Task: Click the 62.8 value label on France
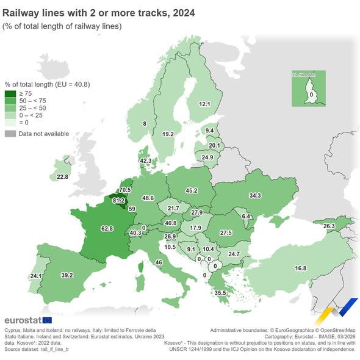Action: point(108,228)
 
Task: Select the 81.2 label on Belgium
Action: point(119,200)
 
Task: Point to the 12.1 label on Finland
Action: point(204,104)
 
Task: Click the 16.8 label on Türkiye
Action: point(300,268)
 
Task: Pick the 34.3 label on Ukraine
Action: point(255,195)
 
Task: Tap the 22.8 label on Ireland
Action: point(62,177)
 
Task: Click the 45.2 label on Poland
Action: point(192,190)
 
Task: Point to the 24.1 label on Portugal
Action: point(35,276)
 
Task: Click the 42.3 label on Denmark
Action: point(145,160)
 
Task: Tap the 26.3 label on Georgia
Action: point(329,226)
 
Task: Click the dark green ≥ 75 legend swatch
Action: point(10,93)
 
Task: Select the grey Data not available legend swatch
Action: point(10,134)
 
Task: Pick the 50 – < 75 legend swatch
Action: point(10,100)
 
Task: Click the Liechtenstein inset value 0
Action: point(311,95)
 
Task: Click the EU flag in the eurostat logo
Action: point(48,320)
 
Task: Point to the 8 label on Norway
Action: point(145,124)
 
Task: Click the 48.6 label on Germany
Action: point(148,198)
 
